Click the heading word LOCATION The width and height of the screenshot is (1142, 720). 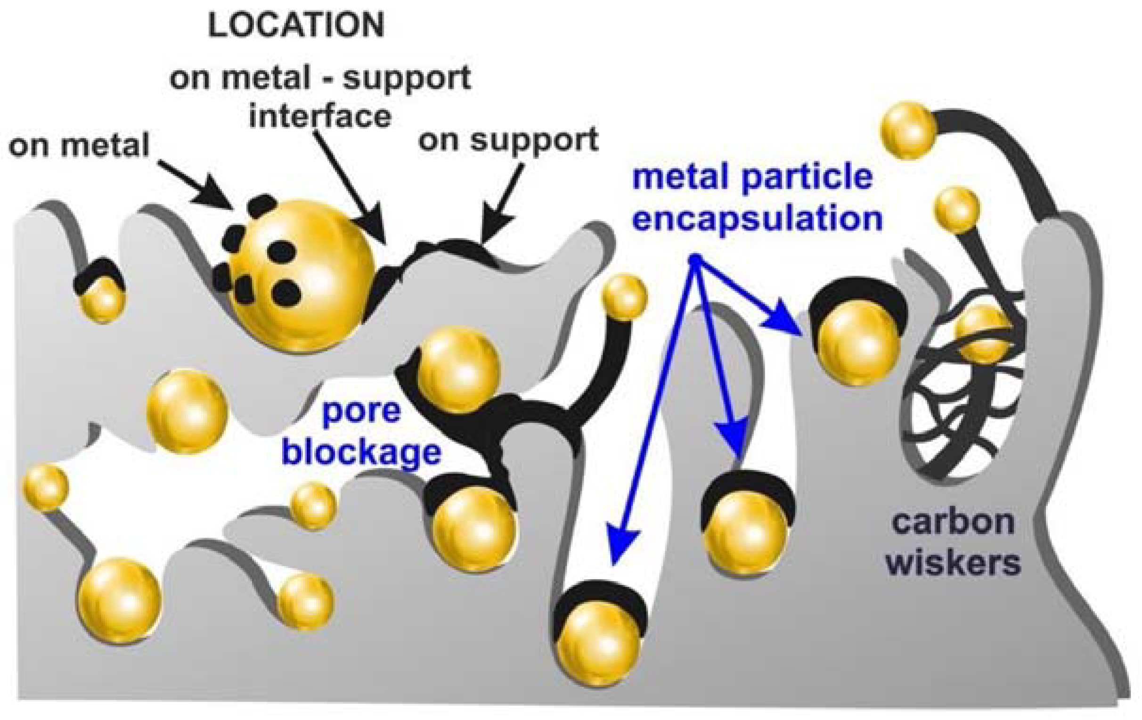point(296,26)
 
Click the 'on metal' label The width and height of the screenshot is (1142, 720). point(79,145)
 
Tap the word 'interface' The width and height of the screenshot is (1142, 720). point(319,116)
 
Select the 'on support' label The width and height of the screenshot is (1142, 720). point(508,140)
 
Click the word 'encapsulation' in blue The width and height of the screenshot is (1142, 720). point(757,219)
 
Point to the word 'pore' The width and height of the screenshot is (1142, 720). point(361,411)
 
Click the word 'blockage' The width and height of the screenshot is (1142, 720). point(361,452)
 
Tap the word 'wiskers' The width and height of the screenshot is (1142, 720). point(953,563)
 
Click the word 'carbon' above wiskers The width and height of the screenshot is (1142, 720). point(953,522)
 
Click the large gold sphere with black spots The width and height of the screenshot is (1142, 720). point(303,275)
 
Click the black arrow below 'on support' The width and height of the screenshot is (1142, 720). point(500,204)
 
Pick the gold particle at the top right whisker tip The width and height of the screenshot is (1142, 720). point(908,131)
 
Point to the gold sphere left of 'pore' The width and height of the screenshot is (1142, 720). point(187,411)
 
